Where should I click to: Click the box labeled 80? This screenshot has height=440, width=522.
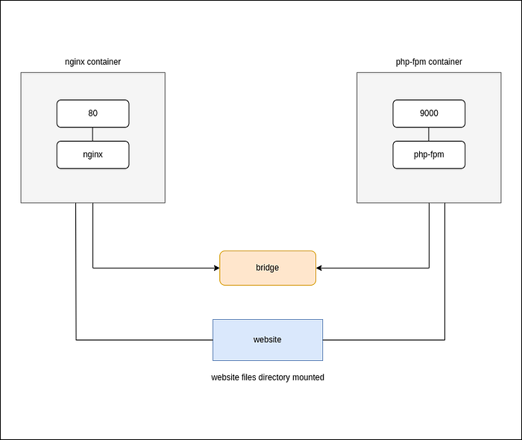pyautogui.click(x=92, y=114)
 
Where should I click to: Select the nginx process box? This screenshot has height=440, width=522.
pyautogui.click(x=92, y=154)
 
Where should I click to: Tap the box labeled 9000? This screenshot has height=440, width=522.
pyautogui.click(x=429, y=114)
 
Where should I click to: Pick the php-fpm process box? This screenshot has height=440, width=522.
pyautogui.click(x=429, y=154)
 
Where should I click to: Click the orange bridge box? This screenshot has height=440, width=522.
pyautogui.click(x=267, y=268)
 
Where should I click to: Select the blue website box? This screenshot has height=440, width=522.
pyautogui.click(x=267, y=340)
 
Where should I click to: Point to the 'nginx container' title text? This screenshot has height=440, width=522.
pyautogui.click(x=92, y=62)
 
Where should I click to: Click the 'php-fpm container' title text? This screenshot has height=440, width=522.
pyautogui.click(x=429, y=62)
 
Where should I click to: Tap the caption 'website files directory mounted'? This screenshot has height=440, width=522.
pyautogui.click(x=267, y=377)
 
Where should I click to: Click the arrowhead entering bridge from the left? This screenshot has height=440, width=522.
pyautogui.click(x=216, y=268)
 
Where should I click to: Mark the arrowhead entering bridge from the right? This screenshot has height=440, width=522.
pyautogui.click(x=320, y=268)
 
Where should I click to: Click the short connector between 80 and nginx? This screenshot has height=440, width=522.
pyautogui.click(x=92, y=134)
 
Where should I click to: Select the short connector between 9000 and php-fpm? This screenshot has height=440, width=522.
pyautogui.click(x=429, y=134)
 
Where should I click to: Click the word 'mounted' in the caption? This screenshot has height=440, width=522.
pyautogui.click(x=307, y=377)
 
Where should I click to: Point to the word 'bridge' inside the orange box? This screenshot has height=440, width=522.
pyautogui.click(x=267, y=268)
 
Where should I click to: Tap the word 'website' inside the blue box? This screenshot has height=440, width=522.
pyautogui.click(x=267, y=340)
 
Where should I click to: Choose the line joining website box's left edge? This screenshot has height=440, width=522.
pyautogui.click(x=149, y=340)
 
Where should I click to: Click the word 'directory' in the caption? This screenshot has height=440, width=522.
pyautogui.click(x=272, y=377)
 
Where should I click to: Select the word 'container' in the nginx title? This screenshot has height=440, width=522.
pyautogui.click(x=104, y=62)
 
